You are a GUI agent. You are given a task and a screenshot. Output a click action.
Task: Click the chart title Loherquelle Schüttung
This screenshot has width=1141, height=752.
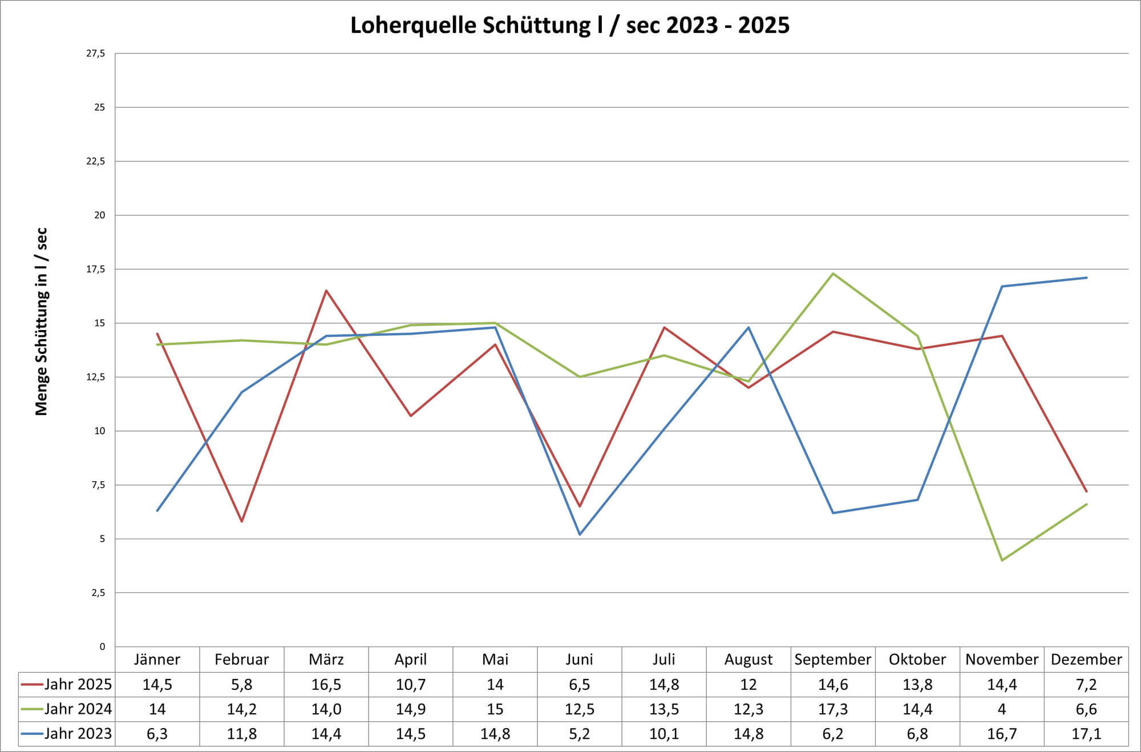pos(569,26)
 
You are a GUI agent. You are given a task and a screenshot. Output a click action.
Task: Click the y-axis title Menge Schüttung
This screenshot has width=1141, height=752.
pos(42,322)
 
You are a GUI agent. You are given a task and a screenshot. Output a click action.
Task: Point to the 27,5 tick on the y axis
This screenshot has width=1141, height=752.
pos(95,54)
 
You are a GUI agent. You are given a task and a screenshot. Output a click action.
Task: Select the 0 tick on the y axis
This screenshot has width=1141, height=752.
pos(102,647)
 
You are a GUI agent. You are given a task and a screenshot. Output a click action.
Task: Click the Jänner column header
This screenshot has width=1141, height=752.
pos(157,660)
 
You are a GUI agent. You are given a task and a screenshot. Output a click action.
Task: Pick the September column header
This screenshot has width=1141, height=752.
pos(832,660)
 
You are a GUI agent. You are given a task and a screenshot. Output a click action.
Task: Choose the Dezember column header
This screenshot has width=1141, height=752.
pos(1086,660)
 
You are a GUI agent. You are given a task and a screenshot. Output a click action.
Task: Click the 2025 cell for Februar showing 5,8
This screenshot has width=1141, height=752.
pos(241,684)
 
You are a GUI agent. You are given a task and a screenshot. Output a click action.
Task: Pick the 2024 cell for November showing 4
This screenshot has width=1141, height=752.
pos(1002,709)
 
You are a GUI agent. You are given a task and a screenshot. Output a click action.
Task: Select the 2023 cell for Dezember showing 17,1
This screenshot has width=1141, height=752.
pos(1086,734)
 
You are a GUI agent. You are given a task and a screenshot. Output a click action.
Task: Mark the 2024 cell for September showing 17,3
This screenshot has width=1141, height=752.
pos(832,709)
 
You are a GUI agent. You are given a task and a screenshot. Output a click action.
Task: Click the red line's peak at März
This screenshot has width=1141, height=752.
pos(326,291)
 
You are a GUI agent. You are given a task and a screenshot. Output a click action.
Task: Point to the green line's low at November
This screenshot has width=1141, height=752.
pos(1002,560)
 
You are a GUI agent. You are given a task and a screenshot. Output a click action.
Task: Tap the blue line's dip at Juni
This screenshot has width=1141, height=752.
pos(580,534)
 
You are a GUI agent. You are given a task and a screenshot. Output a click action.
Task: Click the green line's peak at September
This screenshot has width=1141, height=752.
pos(833,274)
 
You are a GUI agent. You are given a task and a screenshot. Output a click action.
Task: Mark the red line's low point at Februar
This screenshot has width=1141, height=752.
pos(242,521)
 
